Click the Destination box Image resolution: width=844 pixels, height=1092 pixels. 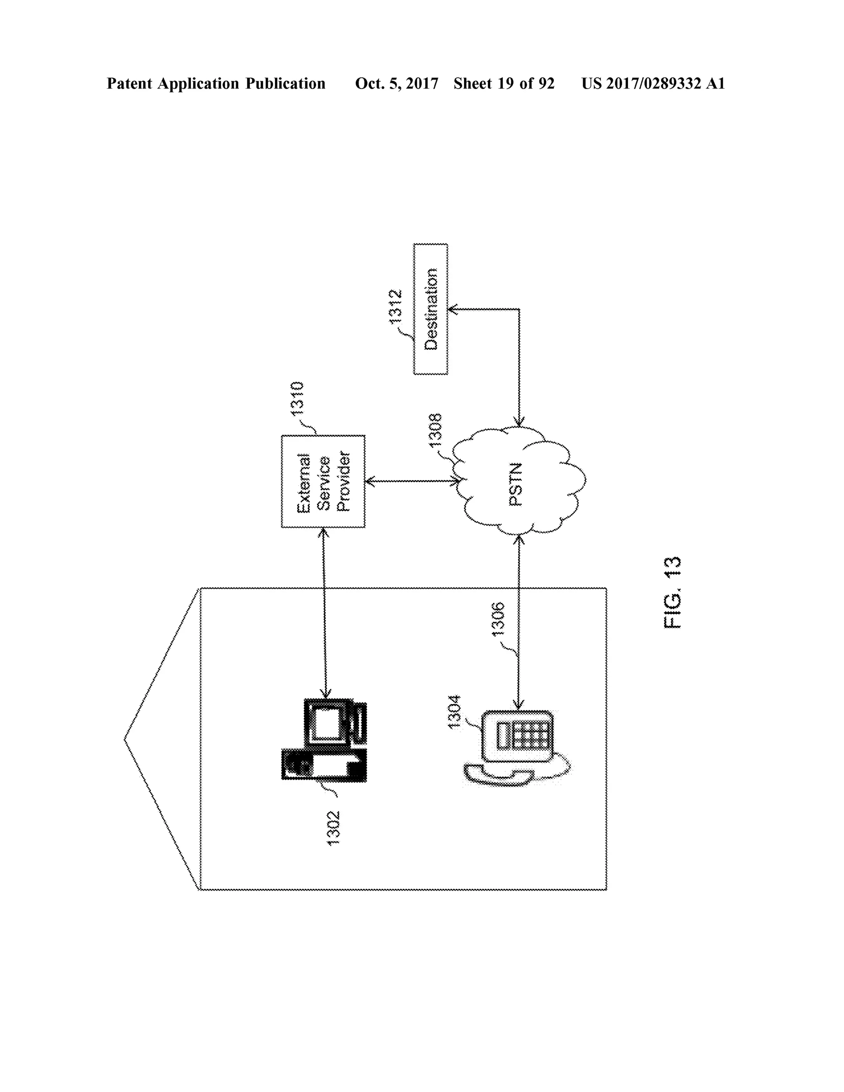(x=431, y=309)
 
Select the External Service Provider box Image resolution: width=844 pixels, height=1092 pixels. (x=323, y=481)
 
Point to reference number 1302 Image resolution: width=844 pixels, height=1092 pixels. (x=333, y=828)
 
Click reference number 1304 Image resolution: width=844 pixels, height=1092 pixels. (x=455, y=712)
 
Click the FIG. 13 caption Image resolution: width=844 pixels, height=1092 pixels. (x=673, y=593)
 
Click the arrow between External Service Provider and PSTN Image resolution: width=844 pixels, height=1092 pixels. (x=413, y=481)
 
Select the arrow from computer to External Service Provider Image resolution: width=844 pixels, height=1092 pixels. (x=324, y=612)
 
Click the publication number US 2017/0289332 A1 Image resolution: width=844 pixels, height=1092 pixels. (x=652, y=84)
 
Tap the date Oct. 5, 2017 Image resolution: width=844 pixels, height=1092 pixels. (x=396, y=84)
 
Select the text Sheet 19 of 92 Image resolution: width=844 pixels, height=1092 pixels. (x=504, y=84)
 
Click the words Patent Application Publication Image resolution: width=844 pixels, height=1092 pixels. (x=216, y=84)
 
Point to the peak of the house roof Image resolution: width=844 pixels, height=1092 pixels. (x=125, y=738)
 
